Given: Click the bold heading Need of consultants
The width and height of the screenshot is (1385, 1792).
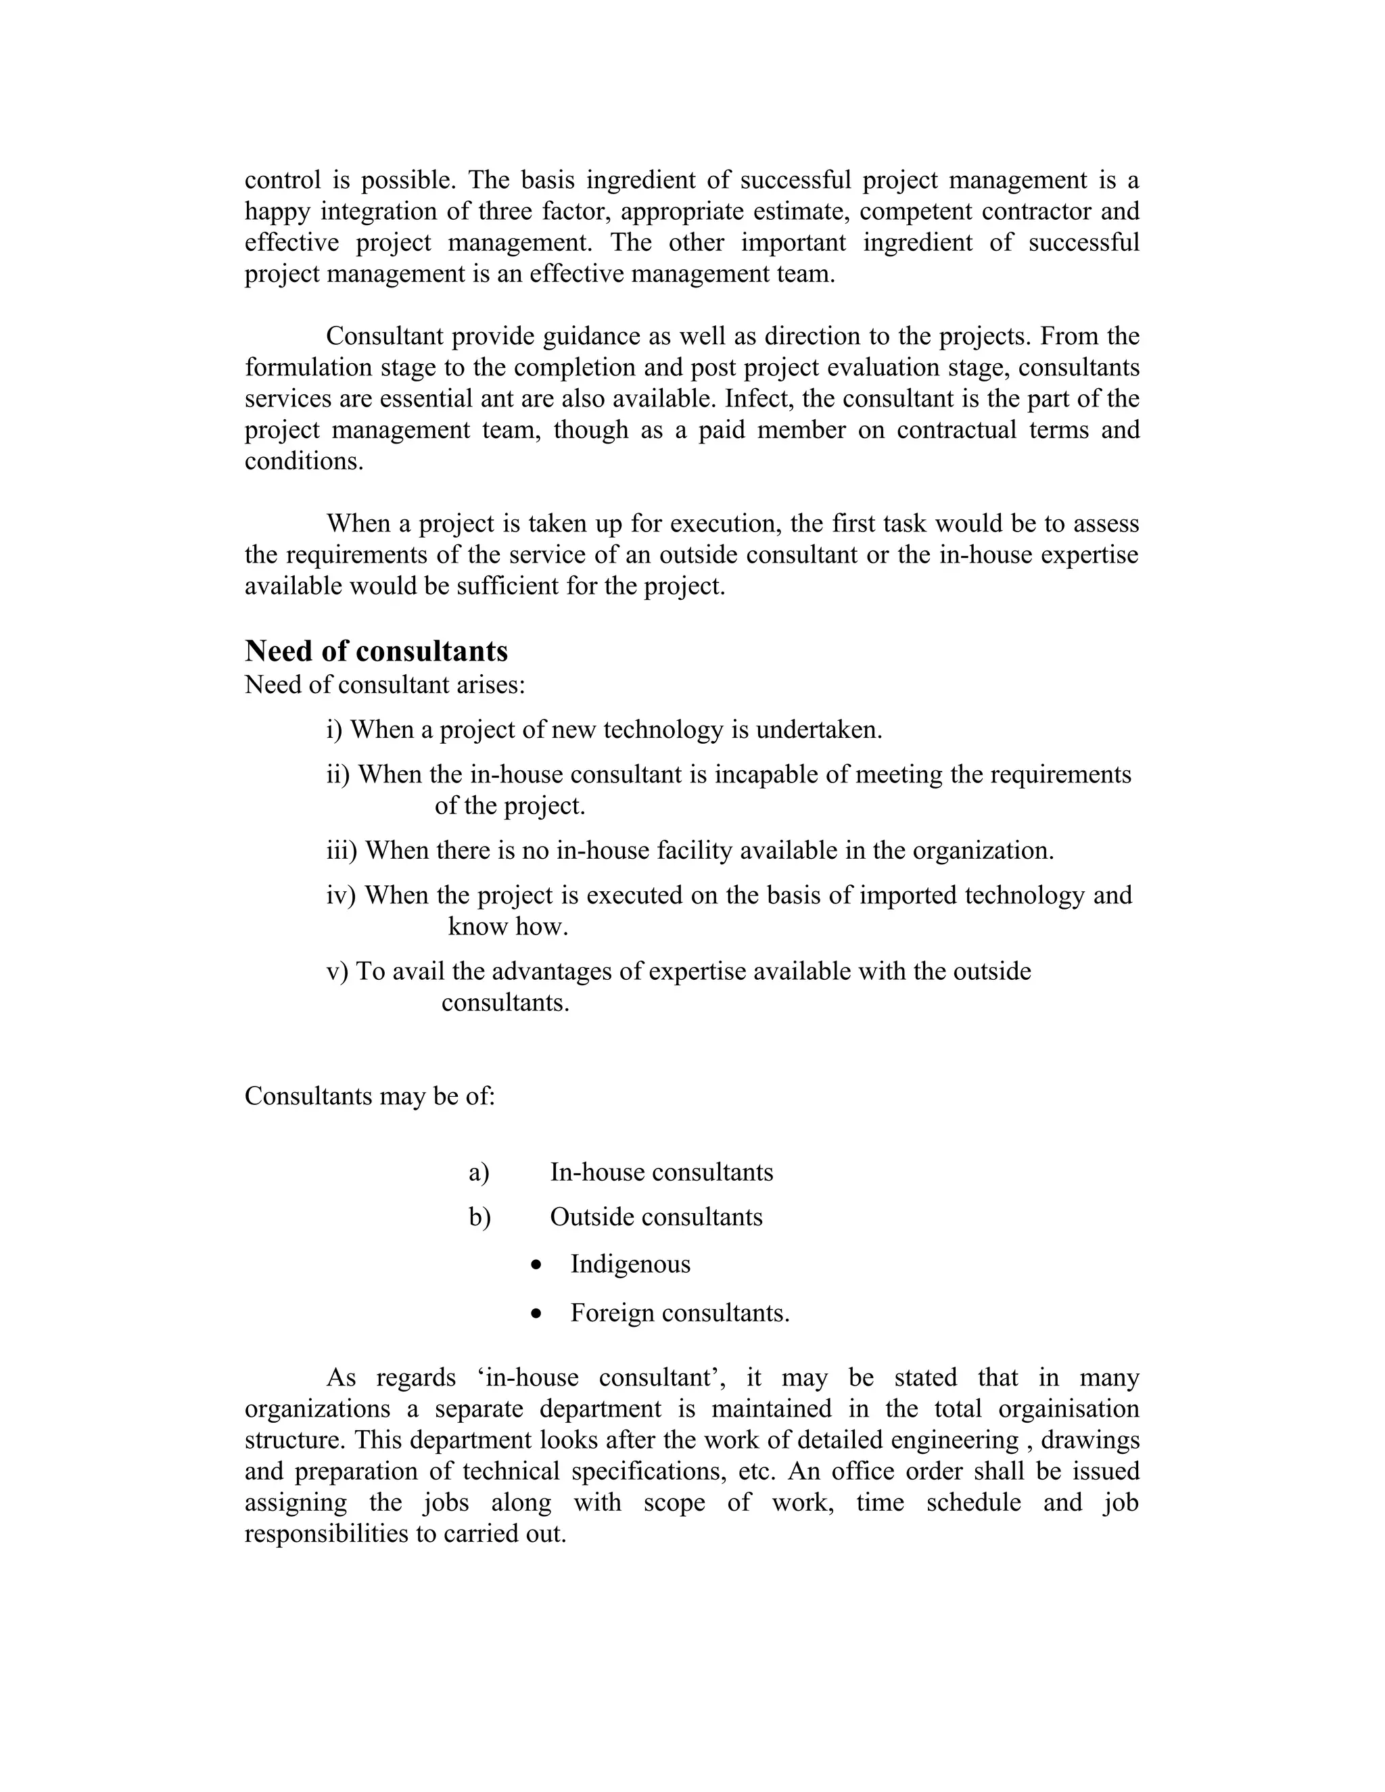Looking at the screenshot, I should pos(376,651).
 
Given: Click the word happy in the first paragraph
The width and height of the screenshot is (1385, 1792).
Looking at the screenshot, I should pos(277,212).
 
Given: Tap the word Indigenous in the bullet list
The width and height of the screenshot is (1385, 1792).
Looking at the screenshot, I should pos(630,1265).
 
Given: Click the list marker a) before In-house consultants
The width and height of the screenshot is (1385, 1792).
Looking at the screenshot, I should pos(479,1173).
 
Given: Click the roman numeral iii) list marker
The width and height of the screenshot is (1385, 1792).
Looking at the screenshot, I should pos(342,851).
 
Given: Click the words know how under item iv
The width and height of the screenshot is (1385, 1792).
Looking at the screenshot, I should pos(508,927).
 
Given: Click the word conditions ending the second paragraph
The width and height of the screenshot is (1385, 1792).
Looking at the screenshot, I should pos(304,461).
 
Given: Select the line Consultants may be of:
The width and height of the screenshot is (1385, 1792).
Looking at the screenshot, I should pos(370,1096).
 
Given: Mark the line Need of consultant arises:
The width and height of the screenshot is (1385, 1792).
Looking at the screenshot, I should pos(385,684).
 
